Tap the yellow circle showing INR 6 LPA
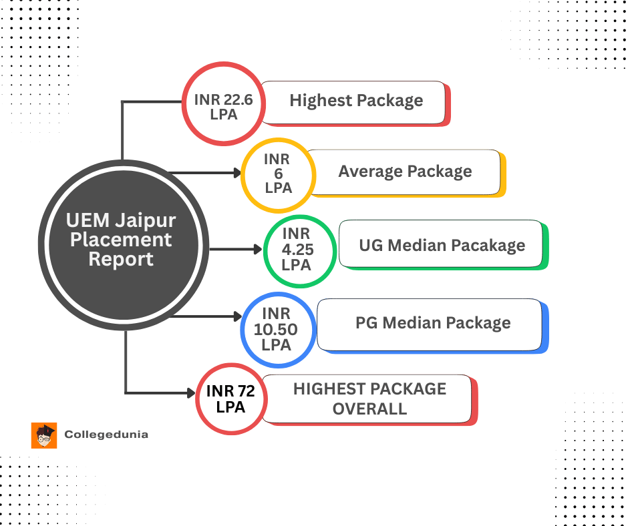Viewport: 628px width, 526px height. tap(277, 173)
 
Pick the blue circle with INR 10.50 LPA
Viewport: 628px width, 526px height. tap(276, 328)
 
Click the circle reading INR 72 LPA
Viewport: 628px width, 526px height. tap(230, 399)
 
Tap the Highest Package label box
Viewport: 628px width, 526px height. tap(354, 101)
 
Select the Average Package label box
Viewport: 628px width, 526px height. tap(404, 172)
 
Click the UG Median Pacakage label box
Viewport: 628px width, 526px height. tap(441, 245)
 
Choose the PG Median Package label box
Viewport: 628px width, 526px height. tap(431, 324)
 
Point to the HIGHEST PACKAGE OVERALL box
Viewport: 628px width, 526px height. tap(369, 399)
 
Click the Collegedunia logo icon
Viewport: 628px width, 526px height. tap(44, 435)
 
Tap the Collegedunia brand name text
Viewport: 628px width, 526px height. tap(106, 435)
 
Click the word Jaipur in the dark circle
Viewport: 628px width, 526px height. tap(147, 220)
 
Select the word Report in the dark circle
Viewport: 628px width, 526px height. tap(121, 259)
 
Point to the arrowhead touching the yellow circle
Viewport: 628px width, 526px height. tap(237, 173)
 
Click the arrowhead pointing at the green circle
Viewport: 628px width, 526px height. tap(258, 250)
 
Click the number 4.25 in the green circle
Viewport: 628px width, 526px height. tap(297, 250)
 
